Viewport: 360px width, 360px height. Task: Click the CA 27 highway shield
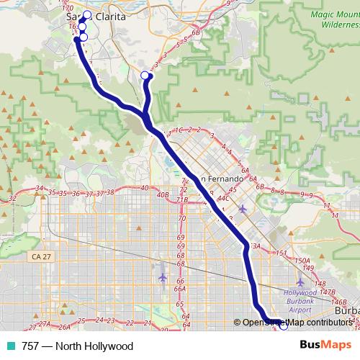click(40, 256)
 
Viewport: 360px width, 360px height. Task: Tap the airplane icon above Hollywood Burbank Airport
click(300, 282)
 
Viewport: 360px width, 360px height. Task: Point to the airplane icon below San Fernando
click(242, 209)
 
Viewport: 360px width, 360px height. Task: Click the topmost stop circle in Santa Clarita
click(88, 15)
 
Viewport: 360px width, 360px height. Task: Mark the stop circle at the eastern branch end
click(145, 76)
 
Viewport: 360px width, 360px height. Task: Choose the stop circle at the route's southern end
click(283, 326)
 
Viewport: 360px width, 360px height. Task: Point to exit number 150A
click(302, 261)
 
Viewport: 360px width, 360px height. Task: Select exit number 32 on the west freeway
click(12, 198)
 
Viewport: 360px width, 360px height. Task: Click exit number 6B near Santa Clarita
click(196, 33)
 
